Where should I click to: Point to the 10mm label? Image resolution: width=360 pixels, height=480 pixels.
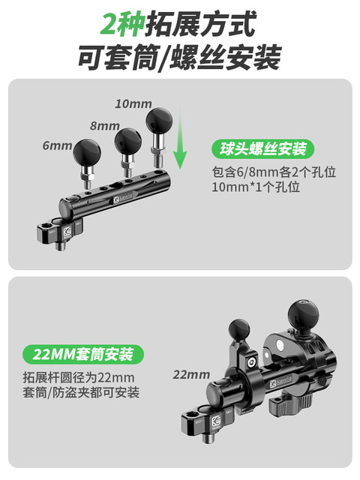pyautogui.click(x=133, y=102)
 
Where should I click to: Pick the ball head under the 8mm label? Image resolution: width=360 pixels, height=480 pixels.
pyautogui.click(x=128, y=139)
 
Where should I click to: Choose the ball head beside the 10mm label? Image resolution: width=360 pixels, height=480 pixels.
pyautogui.click(x=160, y=120)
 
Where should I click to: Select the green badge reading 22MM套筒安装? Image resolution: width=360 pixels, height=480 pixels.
pyautogui.click(x=82, y=353)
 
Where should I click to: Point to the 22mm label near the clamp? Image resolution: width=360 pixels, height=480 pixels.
pyautogui.click(x=191, y=374)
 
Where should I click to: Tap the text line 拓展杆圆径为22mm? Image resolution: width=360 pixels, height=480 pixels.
pyautogui.click(x=79, y=376)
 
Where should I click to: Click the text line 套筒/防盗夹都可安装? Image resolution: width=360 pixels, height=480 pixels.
pyautogui.click(x=82, y=393)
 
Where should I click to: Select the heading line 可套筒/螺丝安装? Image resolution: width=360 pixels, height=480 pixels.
pyautogui.click(x=179, y=58)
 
